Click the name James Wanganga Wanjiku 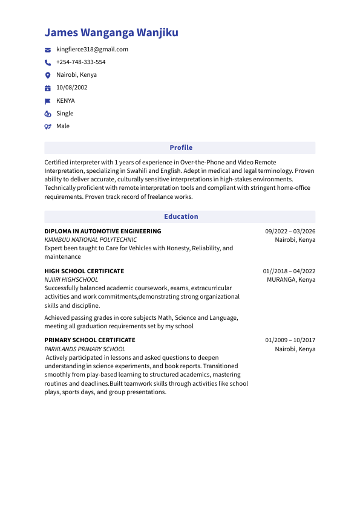pyautogui.click(x=111, y=33)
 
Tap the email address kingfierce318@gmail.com pyautogui.click(x=92, y=50)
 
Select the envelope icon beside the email pyautogui.click(x=48, y=50)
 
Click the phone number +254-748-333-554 pyautogui.click(x=80, y=62)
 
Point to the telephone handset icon pyautogui.click(x=48, y=62)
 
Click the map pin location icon pyautogui.click(x=48, y=75)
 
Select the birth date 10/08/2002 pyautogui.click(x=71, y=88)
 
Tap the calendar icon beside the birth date pyautogui.click(x=48, y=88)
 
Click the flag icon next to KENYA pyautogui.click(x=48, y=101)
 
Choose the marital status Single pyautogui.click(x=65, y=114)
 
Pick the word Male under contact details pyautogui.click(x=63, y=126)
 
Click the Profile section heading pyautogui.click(x=181, y=148)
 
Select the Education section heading pyautogui.click(x=181, y=216)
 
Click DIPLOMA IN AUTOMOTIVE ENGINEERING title pyautogui.click(x=103, y=231)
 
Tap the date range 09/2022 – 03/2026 pyautogui.click(x=290, y=231)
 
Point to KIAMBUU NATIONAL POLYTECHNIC pyautogui.click(x=91, y=240)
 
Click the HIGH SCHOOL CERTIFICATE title pyautogui.click(x=84, y=271)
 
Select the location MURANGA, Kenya pyautogui.click(x=291, y=280)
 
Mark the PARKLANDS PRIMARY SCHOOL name pyautogui.click(x=85, y=349)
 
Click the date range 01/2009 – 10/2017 pyautogui.click(x=290, y=340)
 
